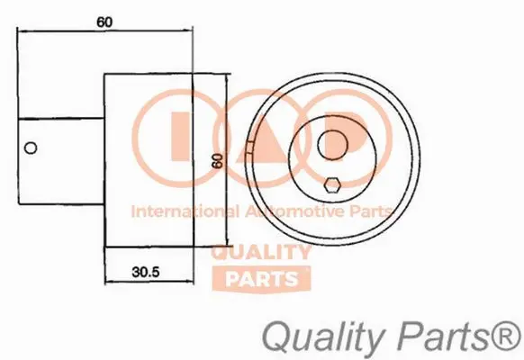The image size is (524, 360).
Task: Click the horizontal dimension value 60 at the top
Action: point(105,22)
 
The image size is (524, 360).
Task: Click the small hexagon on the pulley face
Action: point(332,185)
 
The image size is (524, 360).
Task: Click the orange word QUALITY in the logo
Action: point(260,253)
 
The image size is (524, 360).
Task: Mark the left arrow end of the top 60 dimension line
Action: point(19,33)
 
